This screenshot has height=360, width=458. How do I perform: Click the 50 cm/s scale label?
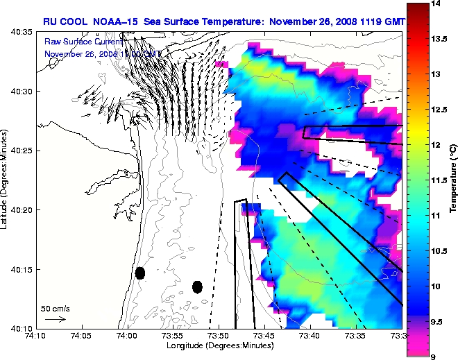(55, 308)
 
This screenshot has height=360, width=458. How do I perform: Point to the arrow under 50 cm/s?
(55, 319)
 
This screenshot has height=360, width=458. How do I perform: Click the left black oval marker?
(140, 273)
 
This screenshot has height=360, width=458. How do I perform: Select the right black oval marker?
(197, 286)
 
